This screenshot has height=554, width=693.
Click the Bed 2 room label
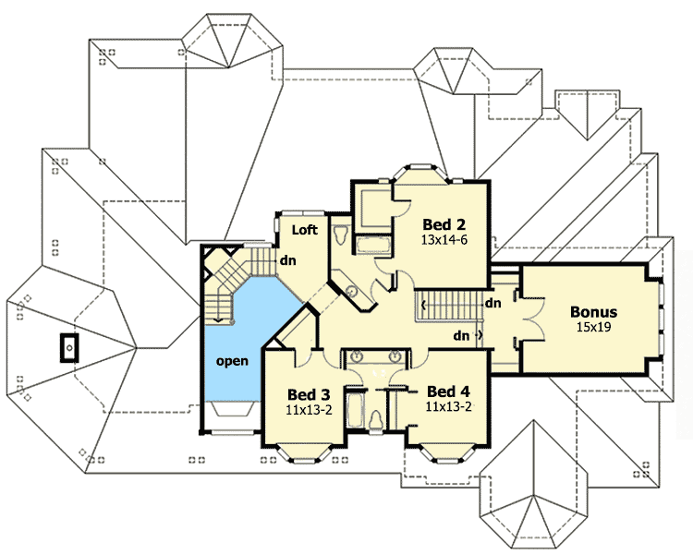tap(442, 223)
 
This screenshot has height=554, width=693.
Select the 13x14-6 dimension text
tap(442, 239)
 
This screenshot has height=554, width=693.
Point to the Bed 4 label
tap(448, 391)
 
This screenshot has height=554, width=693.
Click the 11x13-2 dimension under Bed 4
tap(448, 405)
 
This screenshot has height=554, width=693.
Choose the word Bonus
tap(593, 312)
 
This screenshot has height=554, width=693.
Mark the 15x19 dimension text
tap(593, 327)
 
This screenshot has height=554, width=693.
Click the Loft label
tap(305, 229)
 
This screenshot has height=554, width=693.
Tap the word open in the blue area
tap(232, 360)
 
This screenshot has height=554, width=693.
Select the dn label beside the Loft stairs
tap(287, 259)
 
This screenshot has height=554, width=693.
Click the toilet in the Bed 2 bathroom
tap(342, 235)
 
